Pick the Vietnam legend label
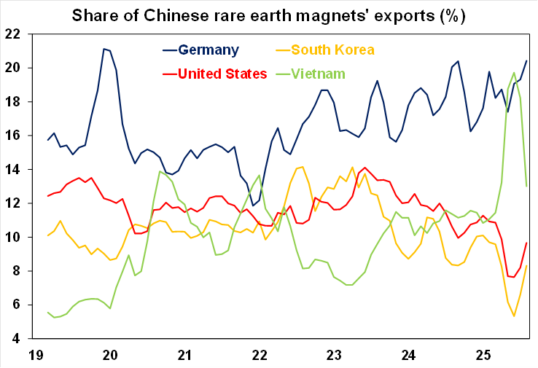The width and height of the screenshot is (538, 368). [318, 73]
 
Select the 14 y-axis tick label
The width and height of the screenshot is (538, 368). [13, 170]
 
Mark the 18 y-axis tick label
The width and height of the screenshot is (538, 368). [13, 102]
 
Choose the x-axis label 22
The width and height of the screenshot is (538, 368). [260, 355]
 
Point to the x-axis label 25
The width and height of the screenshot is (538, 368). [483, 355]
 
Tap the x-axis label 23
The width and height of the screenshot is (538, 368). [334, 355]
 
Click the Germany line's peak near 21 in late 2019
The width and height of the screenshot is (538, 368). [104, 49]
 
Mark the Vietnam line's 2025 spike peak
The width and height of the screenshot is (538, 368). [515, 72]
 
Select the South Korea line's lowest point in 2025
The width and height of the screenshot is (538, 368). [514, 316]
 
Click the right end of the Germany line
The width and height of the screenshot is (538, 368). [526, 60]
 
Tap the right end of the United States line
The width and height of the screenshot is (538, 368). [526, 243]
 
